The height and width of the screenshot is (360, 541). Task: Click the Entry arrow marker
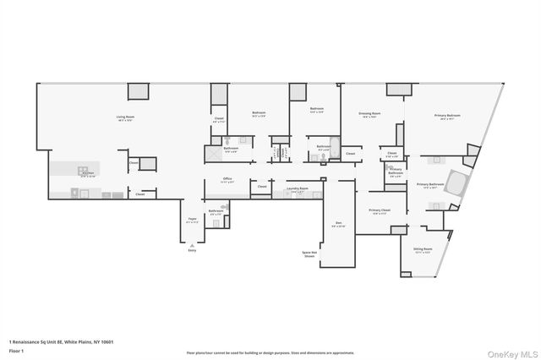[x=190, y=247]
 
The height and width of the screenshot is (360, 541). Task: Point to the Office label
[x=227, y=180]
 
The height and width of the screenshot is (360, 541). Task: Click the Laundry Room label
[x=298, y=189]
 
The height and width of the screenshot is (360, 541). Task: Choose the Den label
[x=338, y=224]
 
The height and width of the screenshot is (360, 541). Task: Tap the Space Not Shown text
[x=309, y=253]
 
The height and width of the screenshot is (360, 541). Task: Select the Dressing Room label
[x=369, y=113]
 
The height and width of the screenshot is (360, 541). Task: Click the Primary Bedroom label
[x=447, y=117]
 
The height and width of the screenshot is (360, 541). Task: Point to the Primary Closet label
[x=380, y=211]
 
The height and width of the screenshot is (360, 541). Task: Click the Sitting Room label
[x=423, y=250]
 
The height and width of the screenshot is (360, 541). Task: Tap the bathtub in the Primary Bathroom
[x=456, y=183]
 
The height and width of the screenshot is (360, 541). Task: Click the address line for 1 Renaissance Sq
[x=61, y=341]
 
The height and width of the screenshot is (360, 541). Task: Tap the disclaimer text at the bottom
[x=270, y=352]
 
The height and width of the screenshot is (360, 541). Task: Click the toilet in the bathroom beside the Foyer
[x=225, y=207]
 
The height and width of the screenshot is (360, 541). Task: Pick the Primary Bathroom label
[x=430, y=185]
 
